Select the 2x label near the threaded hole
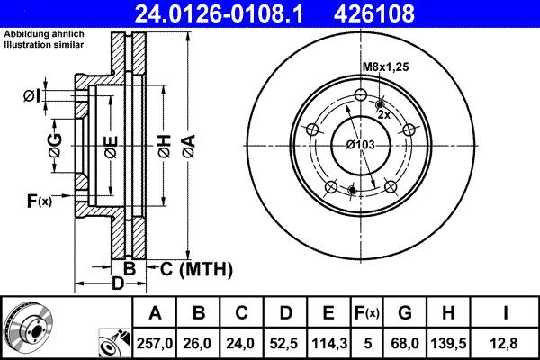coord(383,115)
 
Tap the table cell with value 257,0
coord(155,341)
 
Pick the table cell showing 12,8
coord(507,341)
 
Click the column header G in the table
coord(404,312)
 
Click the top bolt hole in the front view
coord(360,96)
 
